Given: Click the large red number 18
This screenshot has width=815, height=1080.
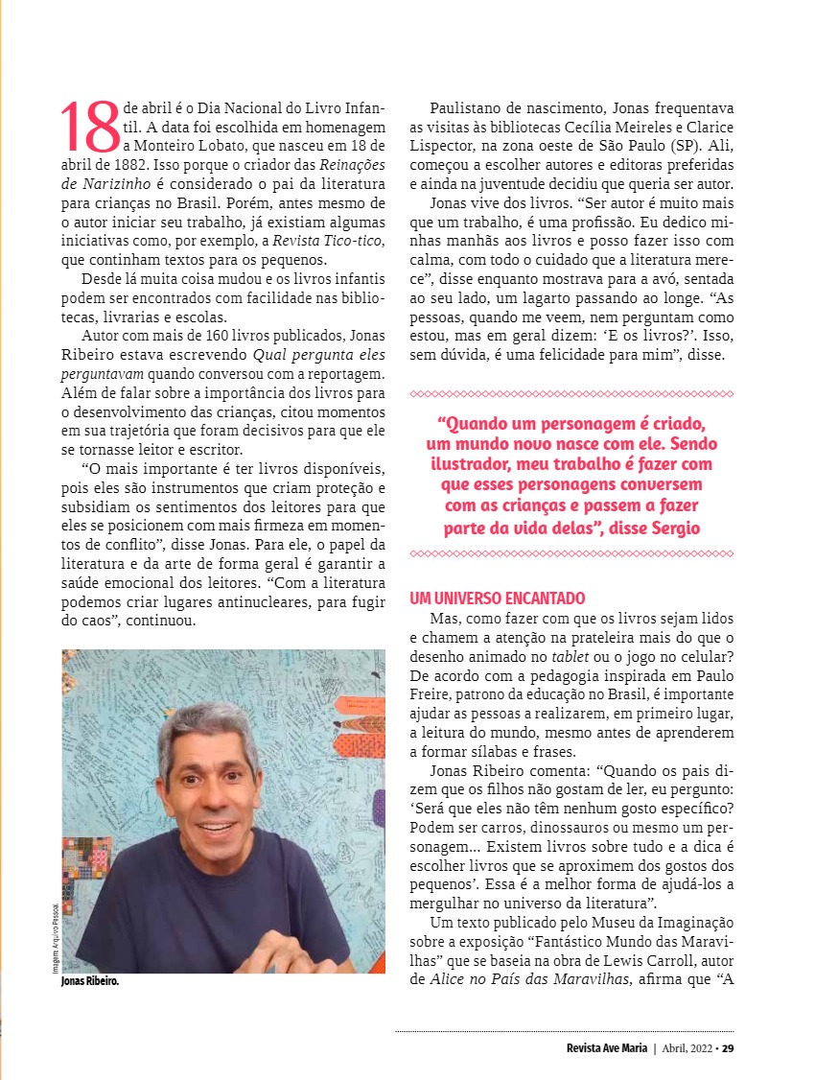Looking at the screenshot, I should click(x=90, y=128).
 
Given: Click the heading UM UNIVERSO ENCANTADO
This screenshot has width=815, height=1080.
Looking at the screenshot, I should click(x=497, y=599).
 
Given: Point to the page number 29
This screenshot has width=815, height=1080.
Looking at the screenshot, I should click(x=729, y=1047).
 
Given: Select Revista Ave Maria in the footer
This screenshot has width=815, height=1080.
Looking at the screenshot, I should click(x=607, y=1047).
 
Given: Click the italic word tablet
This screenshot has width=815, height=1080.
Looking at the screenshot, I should click(x=570, y=655).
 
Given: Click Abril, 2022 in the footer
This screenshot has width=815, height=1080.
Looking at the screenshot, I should click(x=688, y=1047).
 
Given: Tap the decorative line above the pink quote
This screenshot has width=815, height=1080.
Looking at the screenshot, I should click(x=571, y=393).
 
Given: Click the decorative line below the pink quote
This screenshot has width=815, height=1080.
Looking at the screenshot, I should click(x=571, y=553).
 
